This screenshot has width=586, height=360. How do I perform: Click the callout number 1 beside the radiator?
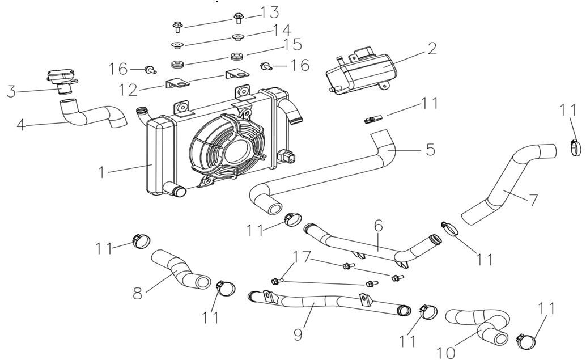[103, 171]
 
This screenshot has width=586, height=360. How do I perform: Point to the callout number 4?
[21, 124]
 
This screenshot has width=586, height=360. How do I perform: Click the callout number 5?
[430, 150]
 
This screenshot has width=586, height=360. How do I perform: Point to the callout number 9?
[297, 334]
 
